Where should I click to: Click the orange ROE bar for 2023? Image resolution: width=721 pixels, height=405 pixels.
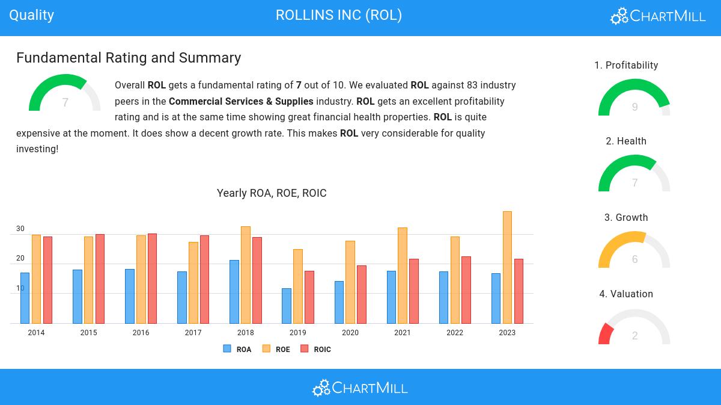point(507,267)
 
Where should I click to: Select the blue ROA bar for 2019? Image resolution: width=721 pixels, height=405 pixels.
point(287,306)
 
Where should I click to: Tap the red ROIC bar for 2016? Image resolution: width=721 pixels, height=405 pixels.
point(152,278)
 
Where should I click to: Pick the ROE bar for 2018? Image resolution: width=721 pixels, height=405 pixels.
point(245,274)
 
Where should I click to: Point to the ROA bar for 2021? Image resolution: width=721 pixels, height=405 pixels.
point(391,297)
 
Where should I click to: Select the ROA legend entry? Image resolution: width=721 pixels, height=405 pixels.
point(237,349)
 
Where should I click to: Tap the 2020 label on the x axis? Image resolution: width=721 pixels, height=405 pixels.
point(350,333)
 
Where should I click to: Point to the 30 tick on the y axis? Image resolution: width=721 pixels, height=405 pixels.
point(20,229)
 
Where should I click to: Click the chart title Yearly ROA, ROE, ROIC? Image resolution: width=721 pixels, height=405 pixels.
point(272,193)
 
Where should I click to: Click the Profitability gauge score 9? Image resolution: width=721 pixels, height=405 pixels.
point(634,107)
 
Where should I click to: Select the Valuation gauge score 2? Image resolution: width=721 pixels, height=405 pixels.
point(634,336)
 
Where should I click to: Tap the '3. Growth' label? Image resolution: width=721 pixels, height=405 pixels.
point(626,217)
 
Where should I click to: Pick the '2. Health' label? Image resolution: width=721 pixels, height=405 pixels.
point(626,141)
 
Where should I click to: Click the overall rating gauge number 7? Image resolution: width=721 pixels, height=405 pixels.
point(65,103)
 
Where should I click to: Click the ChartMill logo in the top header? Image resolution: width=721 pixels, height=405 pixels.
point(658,16)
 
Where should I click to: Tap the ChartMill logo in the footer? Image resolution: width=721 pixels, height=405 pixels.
point(360,388)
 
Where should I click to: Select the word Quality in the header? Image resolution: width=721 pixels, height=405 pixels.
point(32,15)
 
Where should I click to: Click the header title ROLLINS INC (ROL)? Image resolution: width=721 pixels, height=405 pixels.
point(339,15)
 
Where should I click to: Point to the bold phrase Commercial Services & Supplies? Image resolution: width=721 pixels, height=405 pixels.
point(241,101)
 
